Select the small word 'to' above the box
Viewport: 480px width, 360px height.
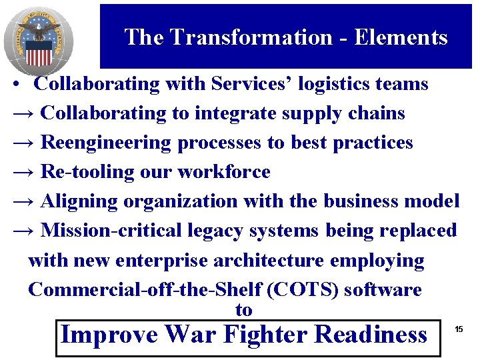pos(244,310)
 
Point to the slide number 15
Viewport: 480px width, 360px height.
pos(459,329)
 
